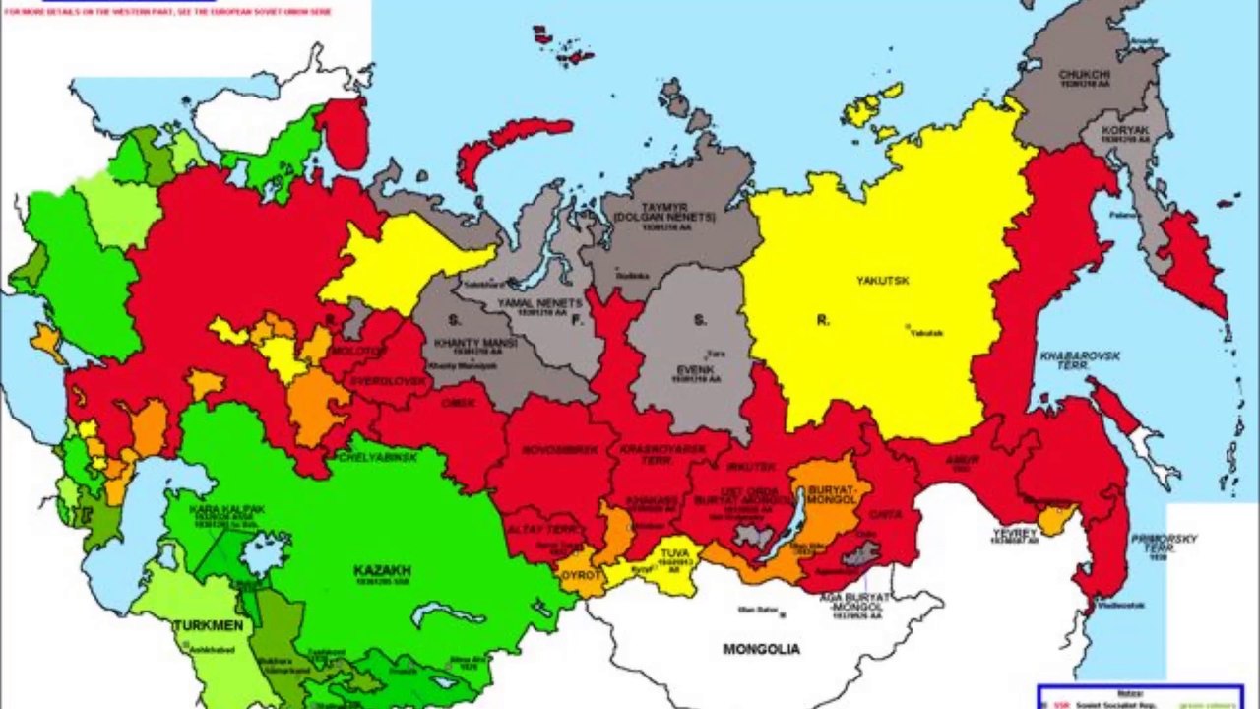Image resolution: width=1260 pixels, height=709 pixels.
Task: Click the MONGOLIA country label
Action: click(x=761, y=649)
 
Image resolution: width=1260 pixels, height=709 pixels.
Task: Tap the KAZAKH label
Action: click(x=383, y=570)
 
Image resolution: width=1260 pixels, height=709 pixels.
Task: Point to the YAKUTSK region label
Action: click(x=882, y=281)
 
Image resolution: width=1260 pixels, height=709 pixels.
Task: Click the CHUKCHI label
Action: click(x=1085, y=75)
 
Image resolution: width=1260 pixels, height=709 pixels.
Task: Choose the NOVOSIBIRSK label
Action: click(x=559, y=450)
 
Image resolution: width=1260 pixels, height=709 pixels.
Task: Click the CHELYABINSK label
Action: click(x=378, y=458)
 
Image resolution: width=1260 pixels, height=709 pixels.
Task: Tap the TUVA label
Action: click(x=674, y=553)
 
